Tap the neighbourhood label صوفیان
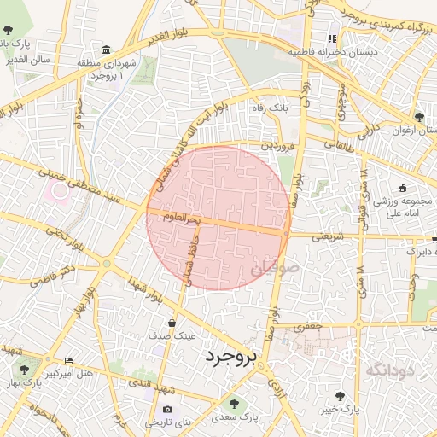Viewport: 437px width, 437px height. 276,271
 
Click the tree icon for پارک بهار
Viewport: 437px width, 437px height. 23,370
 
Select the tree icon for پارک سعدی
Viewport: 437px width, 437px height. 234,405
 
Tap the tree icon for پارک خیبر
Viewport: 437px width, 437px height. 341,395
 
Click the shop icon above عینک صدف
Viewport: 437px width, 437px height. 173,323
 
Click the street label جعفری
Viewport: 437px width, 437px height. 305,326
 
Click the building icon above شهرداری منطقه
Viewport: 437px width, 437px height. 106,50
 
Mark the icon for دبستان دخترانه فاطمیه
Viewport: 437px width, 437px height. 333,38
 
